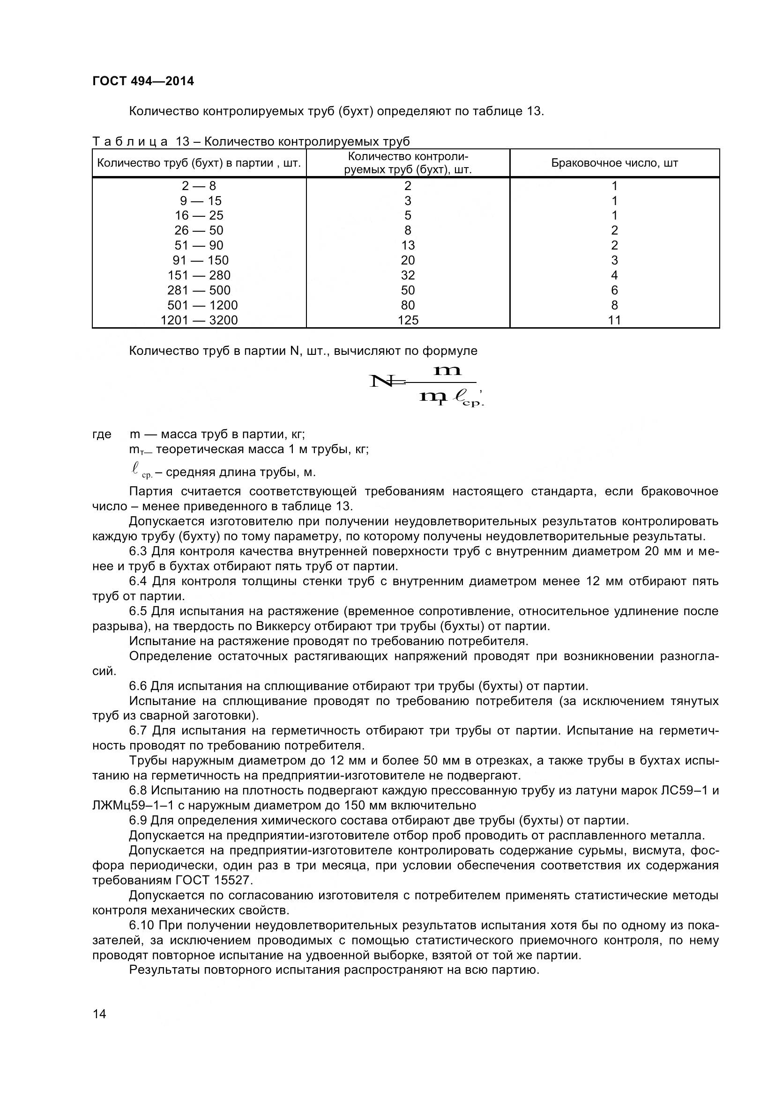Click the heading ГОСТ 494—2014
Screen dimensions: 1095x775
143,81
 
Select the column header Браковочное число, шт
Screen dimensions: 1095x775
614,163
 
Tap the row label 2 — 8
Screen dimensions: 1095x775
199,185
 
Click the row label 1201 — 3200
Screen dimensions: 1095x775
199,320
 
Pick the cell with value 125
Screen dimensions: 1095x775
408,320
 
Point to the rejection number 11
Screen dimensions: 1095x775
614,320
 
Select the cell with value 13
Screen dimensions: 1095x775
408,245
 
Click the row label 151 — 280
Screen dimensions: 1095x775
199,275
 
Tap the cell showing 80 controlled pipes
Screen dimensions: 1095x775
408,305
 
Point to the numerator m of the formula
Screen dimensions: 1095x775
447,370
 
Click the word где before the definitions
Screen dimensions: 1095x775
102,434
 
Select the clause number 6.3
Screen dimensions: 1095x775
138,551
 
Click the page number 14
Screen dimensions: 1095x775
99,1027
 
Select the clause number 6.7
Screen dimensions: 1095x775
138,731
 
